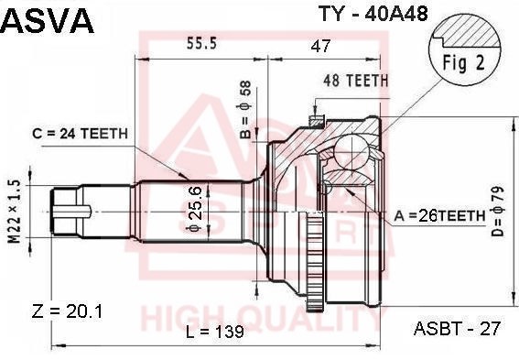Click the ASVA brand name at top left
pos(48,20)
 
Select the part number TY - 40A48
pos(373,14)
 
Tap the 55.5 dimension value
pos(202,43)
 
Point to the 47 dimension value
pos(320,46)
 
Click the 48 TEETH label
pos(356,81)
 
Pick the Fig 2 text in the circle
pos(463,62)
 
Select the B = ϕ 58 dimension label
pos(246,110)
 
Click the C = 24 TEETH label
pos(81,134)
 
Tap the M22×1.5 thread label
pos(15,212)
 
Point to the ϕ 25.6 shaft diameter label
pos(194,208)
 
